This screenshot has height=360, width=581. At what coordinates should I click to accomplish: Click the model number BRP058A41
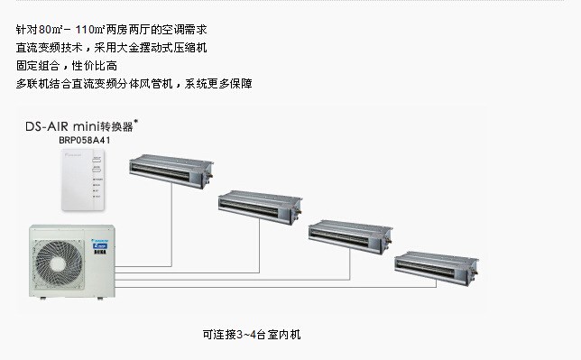point(85,140)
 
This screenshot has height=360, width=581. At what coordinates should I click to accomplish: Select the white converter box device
point(83,180)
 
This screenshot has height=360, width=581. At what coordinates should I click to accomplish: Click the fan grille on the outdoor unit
point(58,263)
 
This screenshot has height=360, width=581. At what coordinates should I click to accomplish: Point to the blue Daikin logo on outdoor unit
point(99,245)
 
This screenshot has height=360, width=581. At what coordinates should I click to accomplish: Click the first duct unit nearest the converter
point(171,171)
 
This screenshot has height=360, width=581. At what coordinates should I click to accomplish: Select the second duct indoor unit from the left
point(260,207)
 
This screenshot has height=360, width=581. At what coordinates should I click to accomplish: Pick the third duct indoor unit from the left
point(350,236)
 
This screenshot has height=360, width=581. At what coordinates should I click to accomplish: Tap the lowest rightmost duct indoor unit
point(437,268)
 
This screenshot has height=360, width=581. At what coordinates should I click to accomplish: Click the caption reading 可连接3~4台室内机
point(252,335)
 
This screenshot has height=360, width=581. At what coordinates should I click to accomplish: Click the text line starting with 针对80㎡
point(111,29)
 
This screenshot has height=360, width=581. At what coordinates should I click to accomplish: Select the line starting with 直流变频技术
point(111,48)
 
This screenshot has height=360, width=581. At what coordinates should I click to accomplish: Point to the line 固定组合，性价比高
point(67,66)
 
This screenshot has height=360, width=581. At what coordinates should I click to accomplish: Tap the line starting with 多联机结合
point(134,84)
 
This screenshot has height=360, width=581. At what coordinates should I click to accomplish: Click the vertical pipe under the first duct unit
point(171,225)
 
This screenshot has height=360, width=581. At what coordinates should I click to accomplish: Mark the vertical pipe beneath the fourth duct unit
point(436,283)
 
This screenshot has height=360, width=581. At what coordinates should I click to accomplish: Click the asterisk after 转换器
point(135,121)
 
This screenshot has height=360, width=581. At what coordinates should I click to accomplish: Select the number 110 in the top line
point(86,29)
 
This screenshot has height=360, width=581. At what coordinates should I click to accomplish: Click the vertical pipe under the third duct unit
point(350,264)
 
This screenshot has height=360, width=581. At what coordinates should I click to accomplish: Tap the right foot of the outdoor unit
point(100,298)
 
